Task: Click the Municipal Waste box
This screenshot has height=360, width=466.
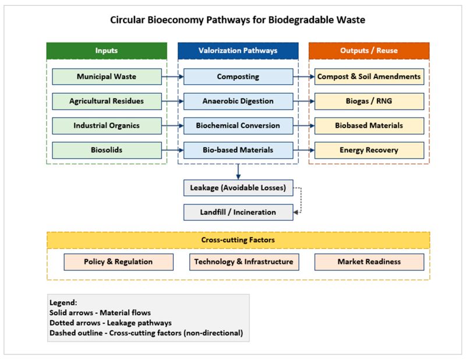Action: [x=106, y=77]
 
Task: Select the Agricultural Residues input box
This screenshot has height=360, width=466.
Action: [x=106, y=101]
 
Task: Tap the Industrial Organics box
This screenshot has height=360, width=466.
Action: [x=106, y=126]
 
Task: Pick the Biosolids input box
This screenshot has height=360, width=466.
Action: [x=106, y=150]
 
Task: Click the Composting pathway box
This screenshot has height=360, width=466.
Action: [x=238, y=77]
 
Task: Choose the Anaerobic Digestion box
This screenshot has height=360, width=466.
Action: [x=238, y=101]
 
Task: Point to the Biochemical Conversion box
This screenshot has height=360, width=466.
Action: [x=238, y=126]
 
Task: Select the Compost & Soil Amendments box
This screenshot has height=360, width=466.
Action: [x=369, y=77]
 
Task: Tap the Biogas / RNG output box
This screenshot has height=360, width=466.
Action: [x=369, y=101]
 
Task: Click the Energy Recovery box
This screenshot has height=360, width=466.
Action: [x=369, y=150]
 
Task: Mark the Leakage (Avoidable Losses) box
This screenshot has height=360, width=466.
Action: [x=238, y=188]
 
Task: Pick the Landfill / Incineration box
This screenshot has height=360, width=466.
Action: [x=238, y=213]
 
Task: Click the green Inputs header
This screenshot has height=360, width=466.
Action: [x=106, y=51]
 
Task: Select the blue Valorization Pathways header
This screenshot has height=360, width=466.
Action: [x=238, y=51]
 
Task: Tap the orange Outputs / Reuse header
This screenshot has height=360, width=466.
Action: [x=369, y=51]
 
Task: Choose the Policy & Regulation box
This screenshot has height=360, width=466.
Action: [x=118, y=262]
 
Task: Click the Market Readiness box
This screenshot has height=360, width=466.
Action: [x=369, y=262]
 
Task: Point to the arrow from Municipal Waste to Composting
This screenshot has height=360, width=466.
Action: [x=172, y=77]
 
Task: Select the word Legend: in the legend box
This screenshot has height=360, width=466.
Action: [x=63, y=303]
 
